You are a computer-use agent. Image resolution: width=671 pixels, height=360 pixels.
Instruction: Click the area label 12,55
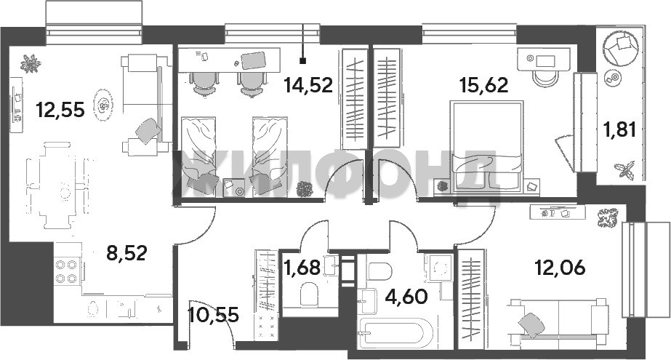click(60, 110)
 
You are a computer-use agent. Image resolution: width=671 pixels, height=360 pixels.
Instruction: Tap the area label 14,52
click(308, 85)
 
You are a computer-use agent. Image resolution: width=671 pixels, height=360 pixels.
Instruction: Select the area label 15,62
click(483, 85)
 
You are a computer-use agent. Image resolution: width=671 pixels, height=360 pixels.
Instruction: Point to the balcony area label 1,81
click(619, 129)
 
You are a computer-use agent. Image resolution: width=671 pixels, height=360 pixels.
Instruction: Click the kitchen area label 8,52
click(126, 252)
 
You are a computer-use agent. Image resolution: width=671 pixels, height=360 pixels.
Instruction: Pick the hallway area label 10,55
click(213, 315)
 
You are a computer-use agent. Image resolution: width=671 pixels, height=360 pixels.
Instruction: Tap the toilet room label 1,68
click(302, 268)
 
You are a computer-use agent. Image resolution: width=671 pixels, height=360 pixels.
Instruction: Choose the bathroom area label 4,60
click(406, 296)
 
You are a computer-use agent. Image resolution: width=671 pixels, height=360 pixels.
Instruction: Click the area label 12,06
click(560, 268)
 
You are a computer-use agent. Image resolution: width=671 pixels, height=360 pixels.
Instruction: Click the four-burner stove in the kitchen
click(68, 271)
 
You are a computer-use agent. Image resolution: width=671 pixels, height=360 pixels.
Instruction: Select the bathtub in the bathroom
click(395, 334)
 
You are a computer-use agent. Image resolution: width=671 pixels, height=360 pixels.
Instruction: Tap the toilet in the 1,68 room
click(308, 294)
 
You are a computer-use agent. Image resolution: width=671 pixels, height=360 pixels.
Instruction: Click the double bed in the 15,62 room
click(487, 146)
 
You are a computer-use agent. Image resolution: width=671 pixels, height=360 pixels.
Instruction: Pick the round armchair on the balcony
click(620, 47)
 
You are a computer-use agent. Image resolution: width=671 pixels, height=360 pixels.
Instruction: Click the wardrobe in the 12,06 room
click(471, 299)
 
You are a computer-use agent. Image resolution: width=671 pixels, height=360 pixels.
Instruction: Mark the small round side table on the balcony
click(614, 78)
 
